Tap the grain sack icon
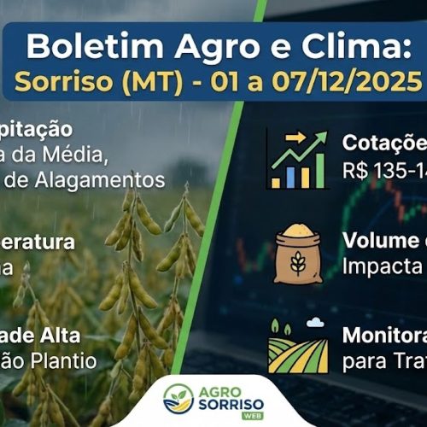pyautogui.click(x=298, y=254)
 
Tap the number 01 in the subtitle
pyautogui.click(x=231, y=83)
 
